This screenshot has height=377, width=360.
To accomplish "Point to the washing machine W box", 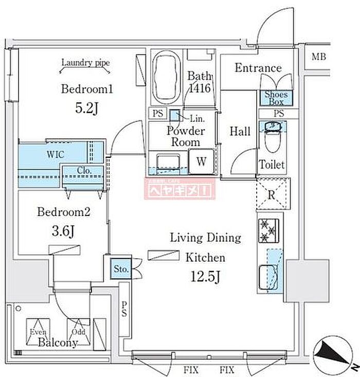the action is pos(202,161).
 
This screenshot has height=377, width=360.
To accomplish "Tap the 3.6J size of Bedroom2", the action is pos(65,231).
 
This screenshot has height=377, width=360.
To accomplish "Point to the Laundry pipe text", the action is pos(85,63).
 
